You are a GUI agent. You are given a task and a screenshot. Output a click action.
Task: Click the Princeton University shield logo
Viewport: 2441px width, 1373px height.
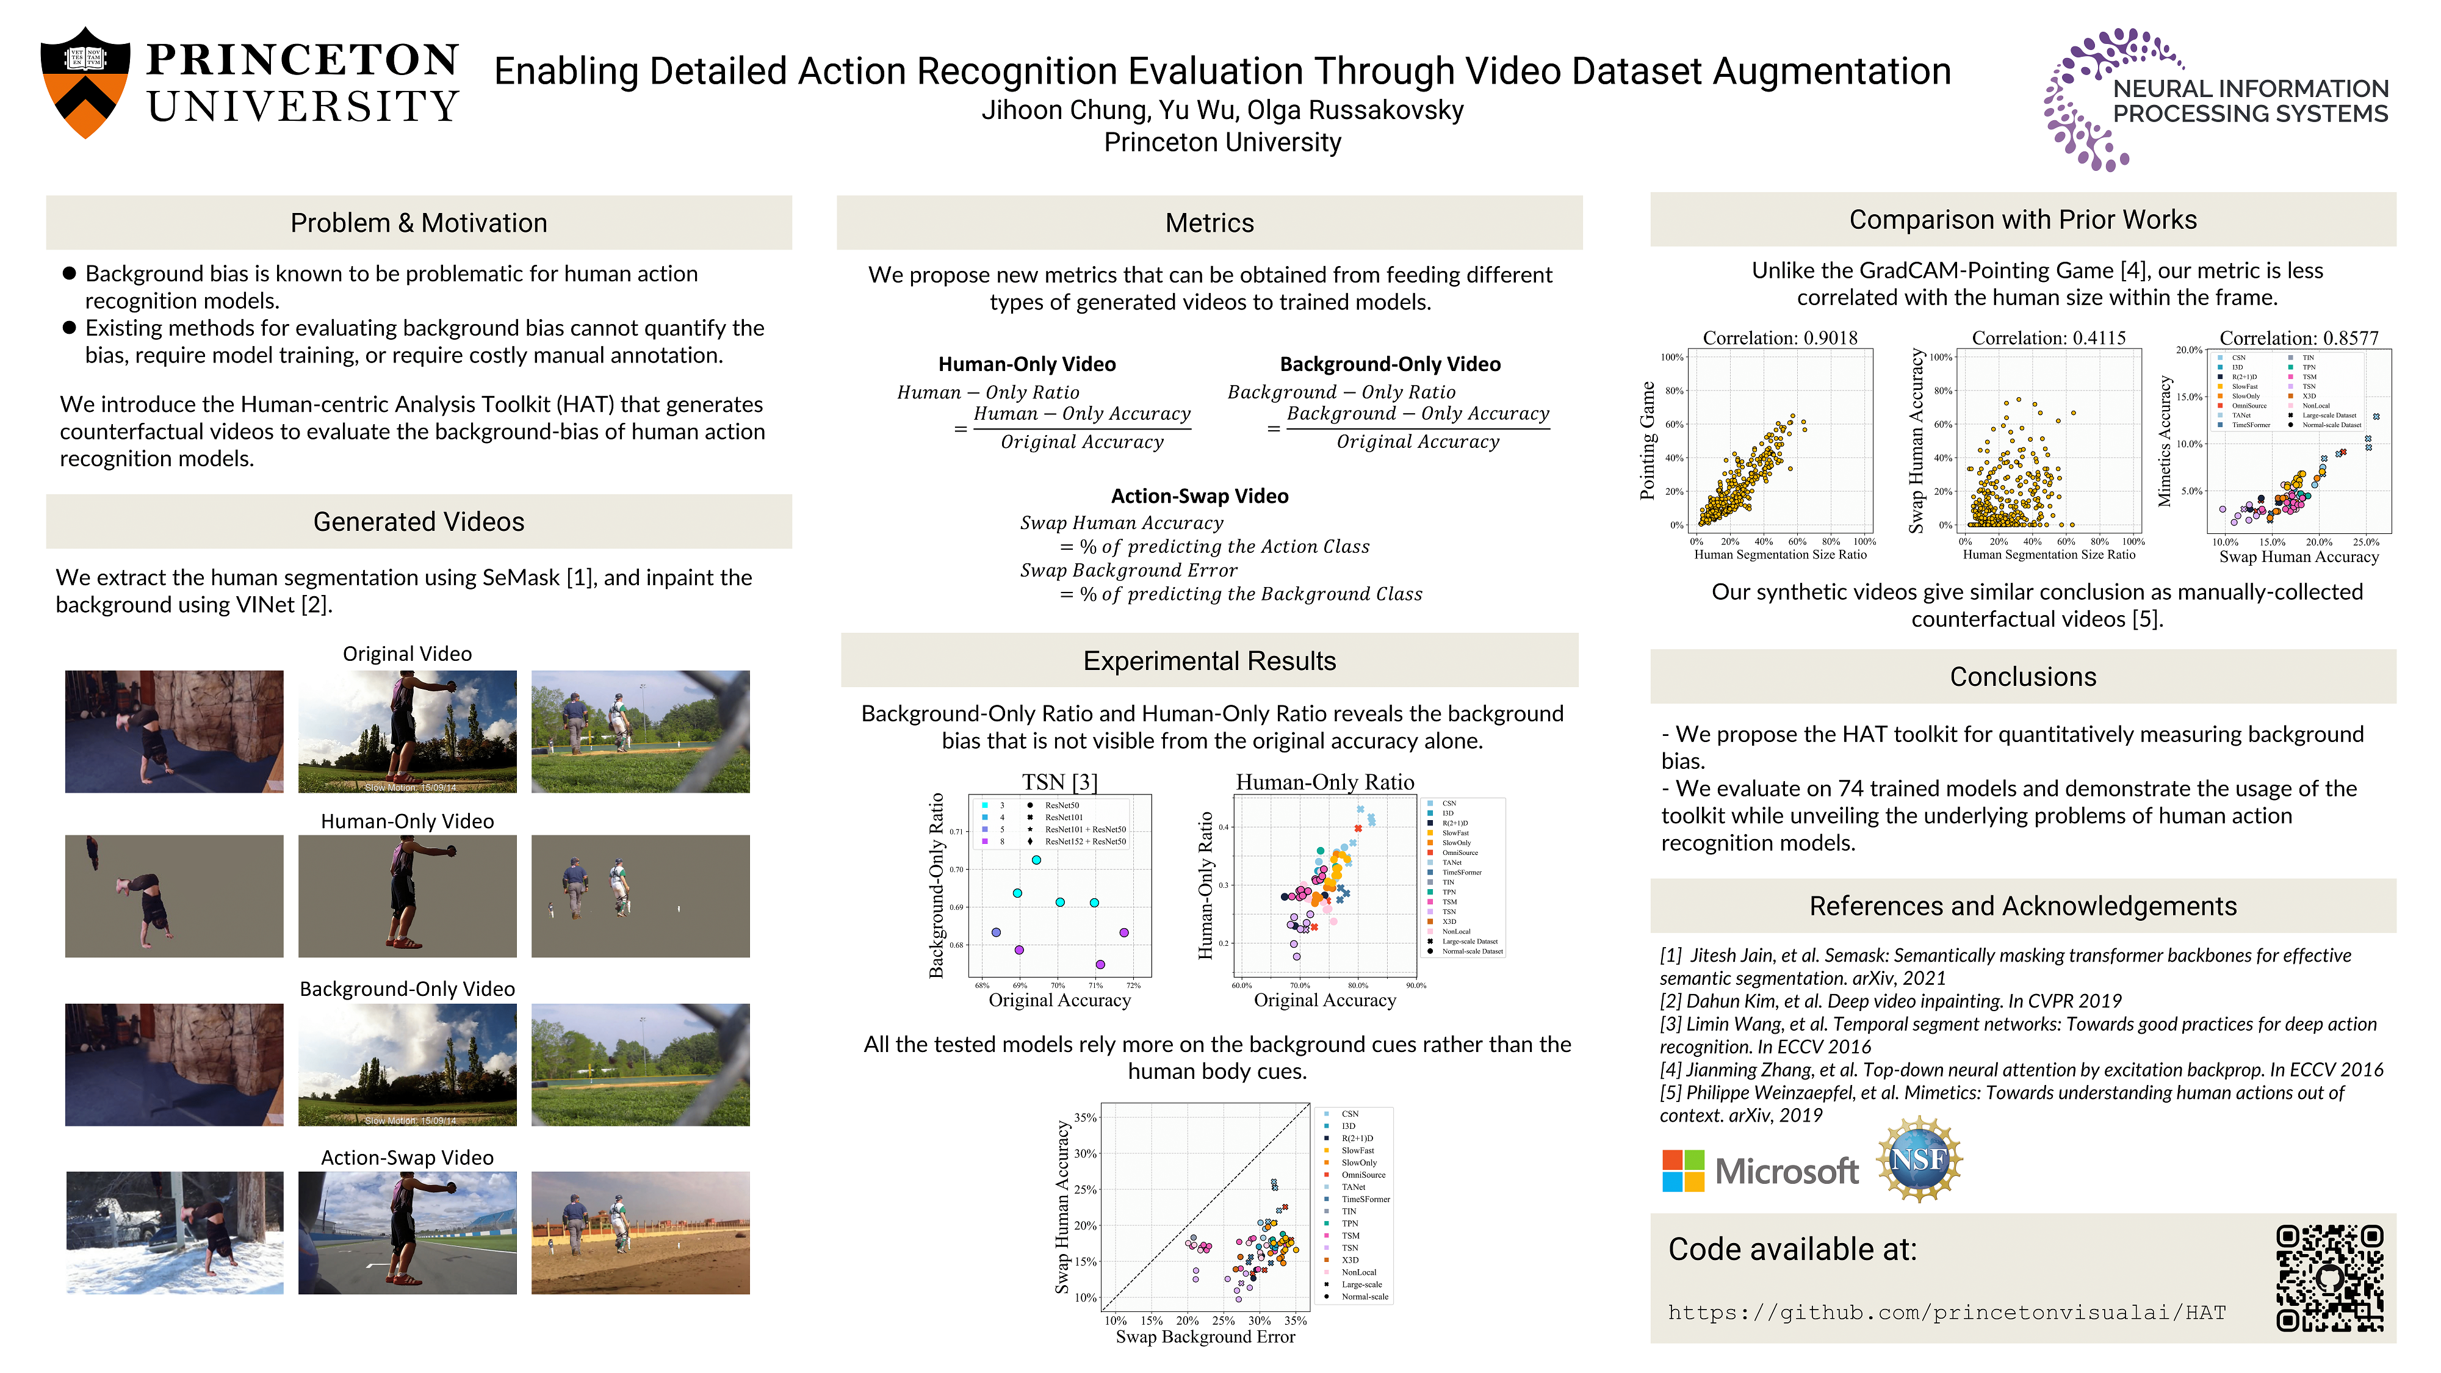(85, 82)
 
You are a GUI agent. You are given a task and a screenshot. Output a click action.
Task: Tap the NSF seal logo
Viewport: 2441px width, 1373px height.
(1918, 1160)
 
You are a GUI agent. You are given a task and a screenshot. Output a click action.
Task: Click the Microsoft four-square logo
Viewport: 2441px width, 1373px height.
(1683, 1171)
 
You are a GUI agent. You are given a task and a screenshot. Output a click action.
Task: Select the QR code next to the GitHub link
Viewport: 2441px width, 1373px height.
(2329, 1277)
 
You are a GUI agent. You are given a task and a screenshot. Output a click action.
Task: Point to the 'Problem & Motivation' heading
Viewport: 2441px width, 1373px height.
(418, 223)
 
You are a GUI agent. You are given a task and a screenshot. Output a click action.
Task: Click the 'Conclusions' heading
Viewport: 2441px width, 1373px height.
(2022, 677)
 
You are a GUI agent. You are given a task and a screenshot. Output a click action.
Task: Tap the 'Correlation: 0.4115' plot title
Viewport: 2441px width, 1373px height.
(2048, 337)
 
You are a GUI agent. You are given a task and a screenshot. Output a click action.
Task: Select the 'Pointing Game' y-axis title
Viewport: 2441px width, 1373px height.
(1648, 441)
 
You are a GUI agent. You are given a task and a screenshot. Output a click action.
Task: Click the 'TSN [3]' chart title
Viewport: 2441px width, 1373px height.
(1059, 782)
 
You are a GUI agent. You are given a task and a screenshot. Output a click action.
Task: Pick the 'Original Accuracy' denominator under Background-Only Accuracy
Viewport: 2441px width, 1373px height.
(1418, 442)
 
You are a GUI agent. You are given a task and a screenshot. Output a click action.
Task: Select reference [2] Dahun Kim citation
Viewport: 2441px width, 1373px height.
(1891, 1001)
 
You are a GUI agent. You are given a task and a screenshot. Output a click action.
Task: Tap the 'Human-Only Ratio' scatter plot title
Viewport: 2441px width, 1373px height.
(1325, 782)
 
